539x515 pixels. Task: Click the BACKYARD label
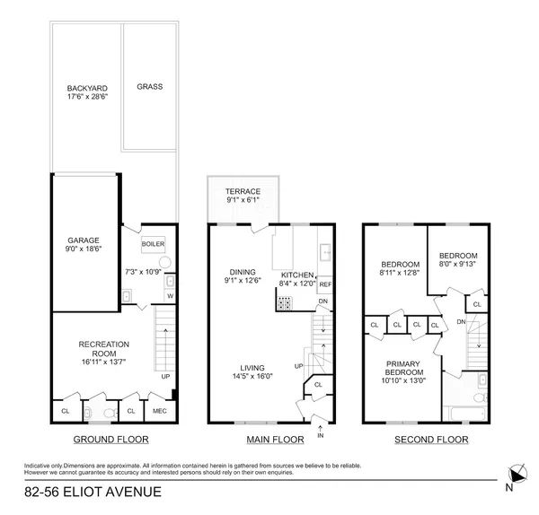tap(86, 88)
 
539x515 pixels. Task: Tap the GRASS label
tap(149, 87)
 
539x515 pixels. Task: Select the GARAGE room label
tap(83, 240)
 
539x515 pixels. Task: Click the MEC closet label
tap(160, 411)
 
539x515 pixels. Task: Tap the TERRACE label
tap(243, 191)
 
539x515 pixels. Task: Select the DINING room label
tap(242, 272)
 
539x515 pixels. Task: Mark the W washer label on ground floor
tap(169, 297)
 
